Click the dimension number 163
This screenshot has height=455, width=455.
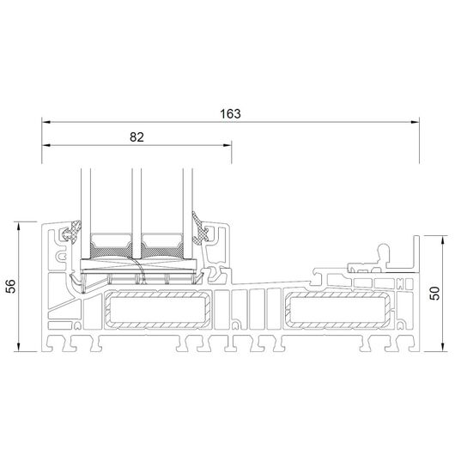coord(230,114)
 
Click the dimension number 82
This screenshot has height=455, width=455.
coord(136,137)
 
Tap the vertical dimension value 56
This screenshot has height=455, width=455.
coord(11,287)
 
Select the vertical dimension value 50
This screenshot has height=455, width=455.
coord(435,293)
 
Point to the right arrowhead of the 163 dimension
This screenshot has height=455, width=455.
coord(416,122)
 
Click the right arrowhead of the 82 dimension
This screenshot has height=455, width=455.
coord(227,145)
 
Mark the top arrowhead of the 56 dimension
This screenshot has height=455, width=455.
coord(19,227)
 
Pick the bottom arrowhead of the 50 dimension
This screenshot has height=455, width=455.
coord(442,347)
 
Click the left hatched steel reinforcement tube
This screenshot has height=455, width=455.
coord(158,310)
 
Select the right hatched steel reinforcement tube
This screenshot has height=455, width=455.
coord(338,311)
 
